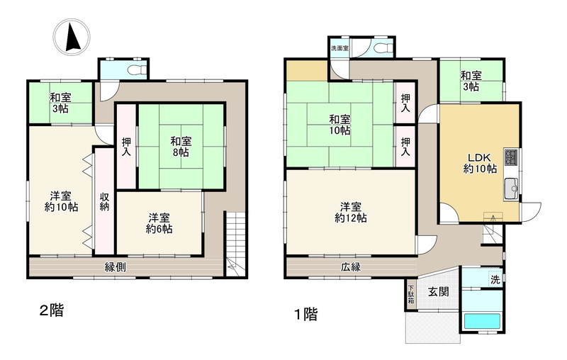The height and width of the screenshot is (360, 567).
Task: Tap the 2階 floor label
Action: click(50, 310)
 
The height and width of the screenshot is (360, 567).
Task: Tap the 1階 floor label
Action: click(305, 313)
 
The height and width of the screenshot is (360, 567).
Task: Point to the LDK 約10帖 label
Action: click(480, 163)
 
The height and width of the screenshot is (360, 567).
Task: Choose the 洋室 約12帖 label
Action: click(351, 212)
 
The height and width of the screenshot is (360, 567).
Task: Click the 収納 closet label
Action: click(104, 201)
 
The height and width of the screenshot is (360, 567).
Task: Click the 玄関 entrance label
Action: click(437, 291)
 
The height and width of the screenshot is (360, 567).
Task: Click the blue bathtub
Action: click(482, 320)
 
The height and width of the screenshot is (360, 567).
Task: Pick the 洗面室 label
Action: click(339, 48)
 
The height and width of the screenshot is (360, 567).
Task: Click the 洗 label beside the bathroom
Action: click(495, 280)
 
